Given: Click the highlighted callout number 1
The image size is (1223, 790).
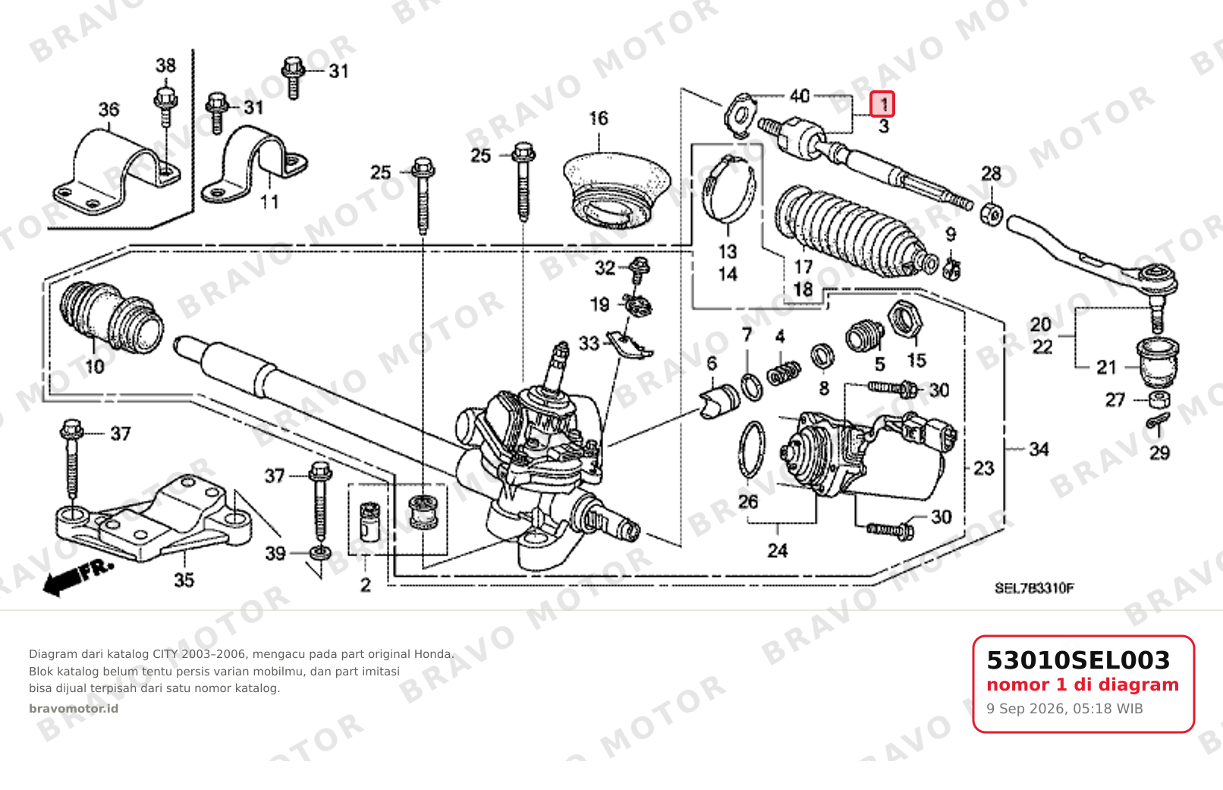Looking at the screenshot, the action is (882, 104).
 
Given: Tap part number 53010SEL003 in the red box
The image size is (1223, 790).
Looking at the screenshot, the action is (1078, 660).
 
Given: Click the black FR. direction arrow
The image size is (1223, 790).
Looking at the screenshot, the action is (78, 577).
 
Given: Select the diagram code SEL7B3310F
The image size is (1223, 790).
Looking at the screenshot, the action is (1034, 588).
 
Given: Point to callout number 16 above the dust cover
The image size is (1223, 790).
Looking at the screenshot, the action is (599, 118).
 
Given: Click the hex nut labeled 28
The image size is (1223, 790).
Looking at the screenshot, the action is (992, 213).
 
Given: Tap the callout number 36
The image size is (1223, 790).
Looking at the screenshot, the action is (108, 110).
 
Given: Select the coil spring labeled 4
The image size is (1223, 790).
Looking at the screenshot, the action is (784, 373).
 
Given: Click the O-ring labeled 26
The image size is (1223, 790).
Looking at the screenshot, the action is (752, 449).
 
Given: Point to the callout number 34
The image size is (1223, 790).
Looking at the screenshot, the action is (1039, 449).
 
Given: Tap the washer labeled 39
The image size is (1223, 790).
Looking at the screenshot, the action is (320, 553).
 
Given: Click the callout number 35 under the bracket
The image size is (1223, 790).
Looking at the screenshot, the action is (184, 580).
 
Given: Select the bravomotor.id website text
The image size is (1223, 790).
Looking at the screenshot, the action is (74, 709).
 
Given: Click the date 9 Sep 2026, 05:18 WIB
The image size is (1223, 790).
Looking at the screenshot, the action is (1064, 709).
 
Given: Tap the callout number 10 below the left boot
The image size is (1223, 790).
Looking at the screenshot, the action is (94, 367).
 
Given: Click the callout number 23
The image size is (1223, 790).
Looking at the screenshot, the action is (984, 468).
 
